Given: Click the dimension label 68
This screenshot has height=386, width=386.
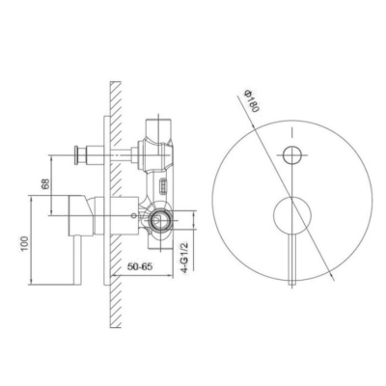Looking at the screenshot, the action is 46,184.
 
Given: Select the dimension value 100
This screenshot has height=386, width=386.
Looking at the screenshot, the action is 25,244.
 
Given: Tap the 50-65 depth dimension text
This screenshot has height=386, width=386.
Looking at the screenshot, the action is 140,266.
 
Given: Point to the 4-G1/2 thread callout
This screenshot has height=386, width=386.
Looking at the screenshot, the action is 184,258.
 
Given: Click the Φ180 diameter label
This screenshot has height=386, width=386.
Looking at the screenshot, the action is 252,100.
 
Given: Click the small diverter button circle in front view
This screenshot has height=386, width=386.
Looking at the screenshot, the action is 292,154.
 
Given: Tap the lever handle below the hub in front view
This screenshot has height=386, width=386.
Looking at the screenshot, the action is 292,259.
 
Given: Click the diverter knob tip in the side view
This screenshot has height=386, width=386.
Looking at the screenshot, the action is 76,155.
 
